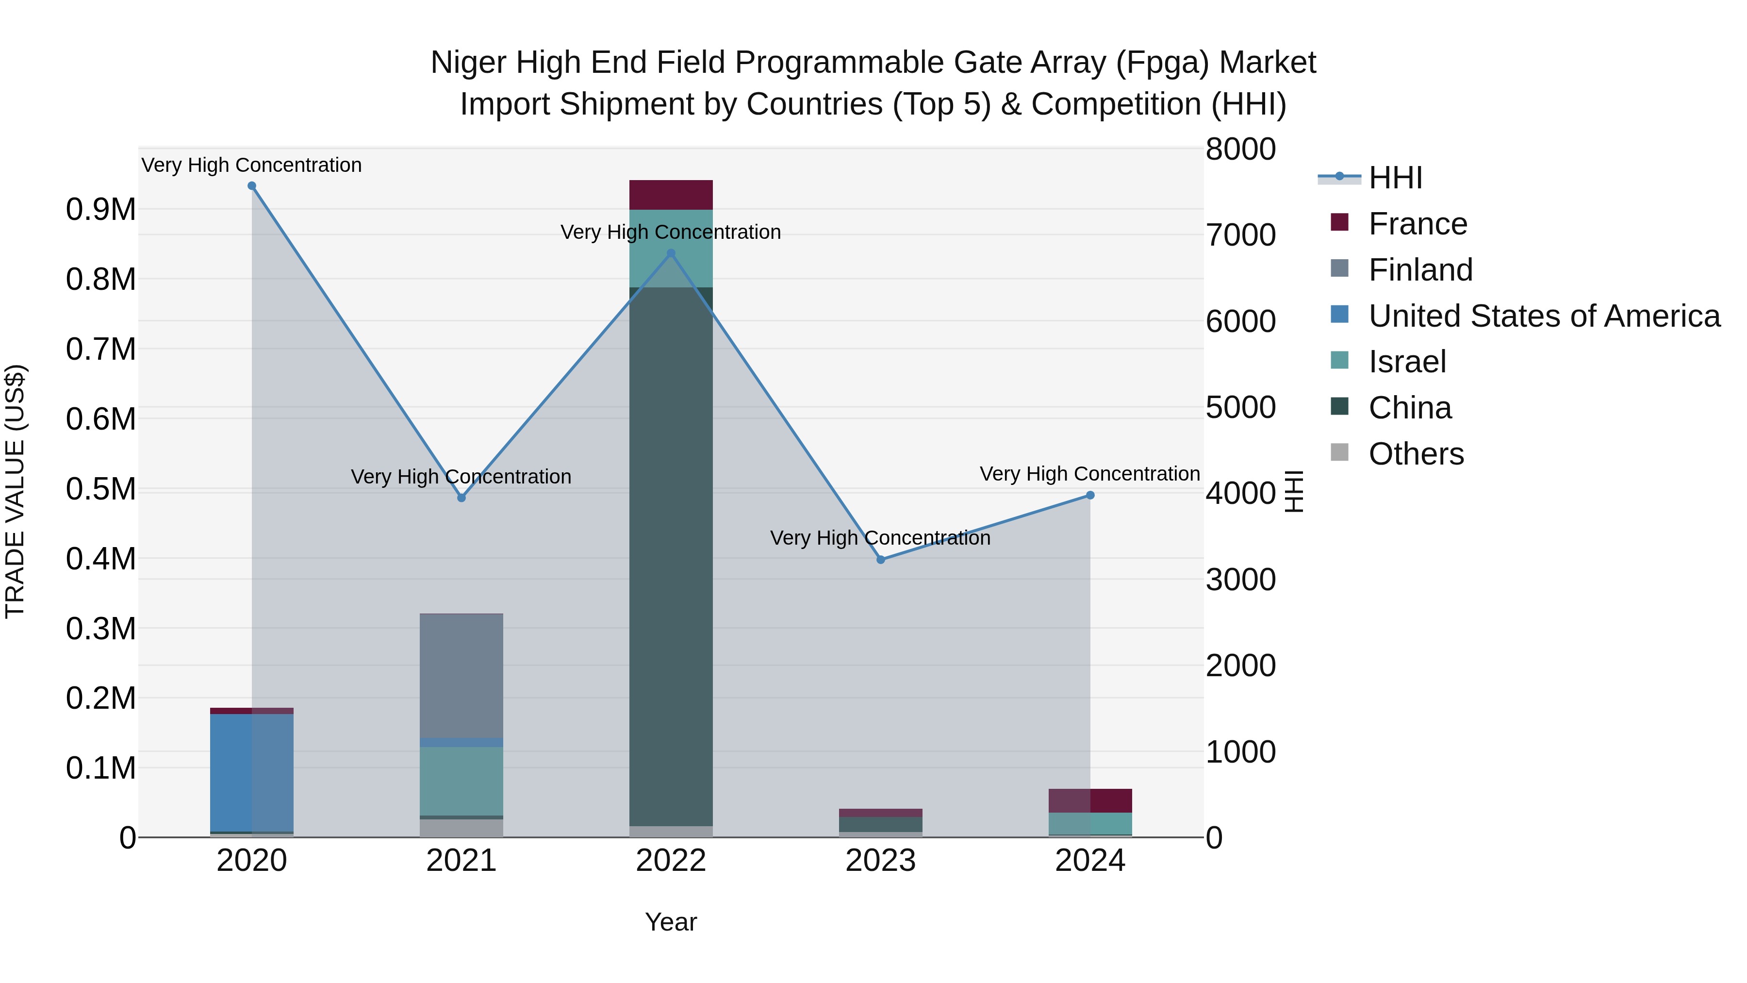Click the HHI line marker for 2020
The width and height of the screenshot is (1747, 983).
[x=251, y=186]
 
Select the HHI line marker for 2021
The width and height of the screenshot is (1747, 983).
[x=461, y=498]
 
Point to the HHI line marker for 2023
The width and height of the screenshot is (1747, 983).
[x=880, y=560]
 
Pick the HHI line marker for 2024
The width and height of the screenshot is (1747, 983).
[x=1090, y=495]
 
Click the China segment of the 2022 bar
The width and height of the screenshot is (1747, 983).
[x=671, y=556]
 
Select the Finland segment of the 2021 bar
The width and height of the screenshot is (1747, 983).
[x=461, y=675]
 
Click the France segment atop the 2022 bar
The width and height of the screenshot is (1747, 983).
[x=671, y=195]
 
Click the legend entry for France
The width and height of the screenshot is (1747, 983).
[x=1417, y=224]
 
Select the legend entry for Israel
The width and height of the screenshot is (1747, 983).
[x=1407, y=362]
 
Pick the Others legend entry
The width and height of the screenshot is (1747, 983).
[x=1416, y=454]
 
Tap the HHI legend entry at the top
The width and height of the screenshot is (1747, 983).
[x=1395, y=178]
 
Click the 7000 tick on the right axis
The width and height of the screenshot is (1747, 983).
[x=1240, y=235]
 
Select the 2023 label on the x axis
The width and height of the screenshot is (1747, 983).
[x=880, y=861]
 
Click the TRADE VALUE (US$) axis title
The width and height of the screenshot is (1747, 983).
[x=15, y=491]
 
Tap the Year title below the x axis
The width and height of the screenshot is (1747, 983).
[x=671, y=922]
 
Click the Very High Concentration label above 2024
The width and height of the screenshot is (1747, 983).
[x=1090, y=473]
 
